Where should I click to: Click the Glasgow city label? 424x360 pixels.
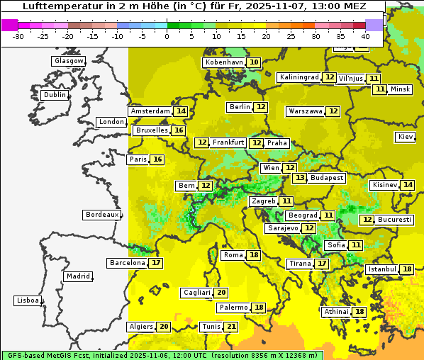(69, 61)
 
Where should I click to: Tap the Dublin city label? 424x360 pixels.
(55, 95)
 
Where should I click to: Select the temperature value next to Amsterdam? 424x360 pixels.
(181, 111)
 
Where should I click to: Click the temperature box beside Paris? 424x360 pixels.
(157, 159)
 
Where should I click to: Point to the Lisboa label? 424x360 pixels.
(28, 300)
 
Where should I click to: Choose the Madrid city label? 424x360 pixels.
(77, 276)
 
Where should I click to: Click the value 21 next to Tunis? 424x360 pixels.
(231, 327)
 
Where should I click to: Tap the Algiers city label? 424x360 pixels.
(140, 327)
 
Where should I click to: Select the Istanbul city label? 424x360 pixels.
(381, 269)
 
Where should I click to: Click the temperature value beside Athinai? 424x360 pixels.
(360, 312)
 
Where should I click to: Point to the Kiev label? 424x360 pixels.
(406, 137)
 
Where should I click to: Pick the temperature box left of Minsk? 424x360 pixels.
(380, 89)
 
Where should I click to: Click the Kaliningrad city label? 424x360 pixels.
(299, 77)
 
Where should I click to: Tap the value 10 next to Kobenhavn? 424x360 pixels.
(254, 62)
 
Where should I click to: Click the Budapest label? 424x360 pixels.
(327, 178)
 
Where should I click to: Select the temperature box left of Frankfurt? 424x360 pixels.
(202, 142)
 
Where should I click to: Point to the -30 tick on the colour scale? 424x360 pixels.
(18, 36)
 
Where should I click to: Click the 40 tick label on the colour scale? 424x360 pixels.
(365, 36)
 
